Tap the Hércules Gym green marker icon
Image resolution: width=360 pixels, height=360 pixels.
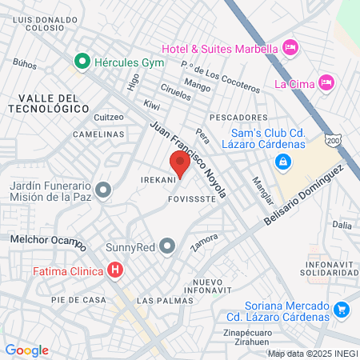click(81, 61)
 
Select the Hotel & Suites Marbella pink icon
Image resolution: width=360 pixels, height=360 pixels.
click(290, 48)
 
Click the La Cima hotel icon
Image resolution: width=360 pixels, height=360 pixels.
click(325, 82)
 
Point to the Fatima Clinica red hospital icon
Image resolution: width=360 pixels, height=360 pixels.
click(116, 270)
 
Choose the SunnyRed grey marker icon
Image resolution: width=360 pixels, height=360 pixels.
click(167, 245)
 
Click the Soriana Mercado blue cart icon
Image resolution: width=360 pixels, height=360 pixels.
click(342, 308)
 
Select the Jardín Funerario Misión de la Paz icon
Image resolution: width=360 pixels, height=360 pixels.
click(102, 190)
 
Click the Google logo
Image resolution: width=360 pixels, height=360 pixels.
click(26, 350)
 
